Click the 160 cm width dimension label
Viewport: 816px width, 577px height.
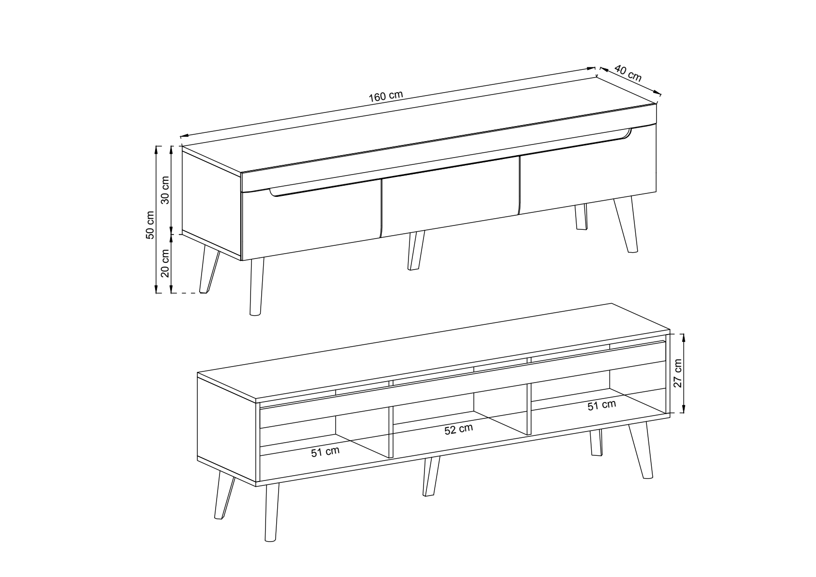(x=386, y=96)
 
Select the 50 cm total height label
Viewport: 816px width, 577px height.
(x=150, y=225)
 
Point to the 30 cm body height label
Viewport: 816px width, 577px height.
(x=165, y=190)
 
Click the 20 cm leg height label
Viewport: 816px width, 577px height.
(x=165, y=263)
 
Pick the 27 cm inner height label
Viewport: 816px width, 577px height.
(x=677, y=373)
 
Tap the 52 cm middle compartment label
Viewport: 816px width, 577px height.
(x=458, y=430)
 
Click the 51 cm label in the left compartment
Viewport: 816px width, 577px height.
(x=325, y=452)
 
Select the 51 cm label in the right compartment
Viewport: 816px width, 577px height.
(x=602, y=405)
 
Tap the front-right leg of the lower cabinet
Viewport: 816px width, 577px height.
(x=641, y=449)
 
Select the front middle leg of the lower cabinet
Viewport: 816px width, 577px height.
(x=431, y=476)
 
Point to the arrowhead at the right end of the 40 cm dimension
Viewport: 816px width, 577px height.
(x=658, y=93)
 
